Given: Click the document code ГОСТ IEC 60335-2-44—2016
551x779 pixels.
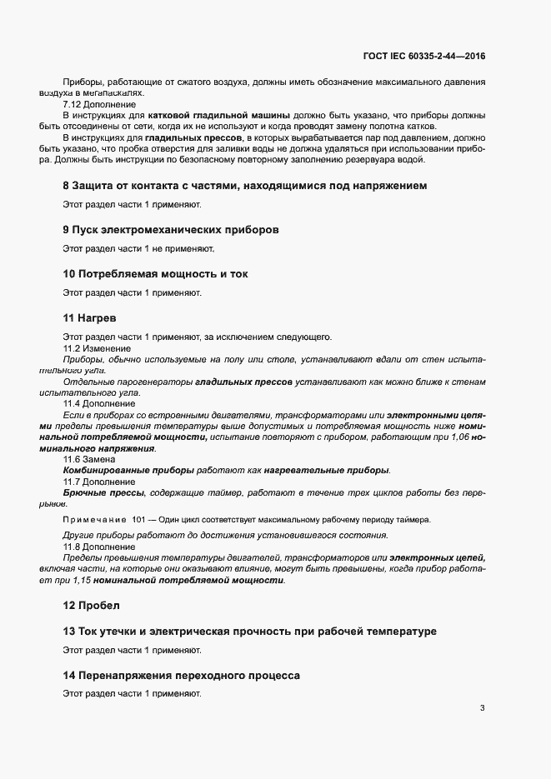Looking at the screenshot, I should (x=423, y=57).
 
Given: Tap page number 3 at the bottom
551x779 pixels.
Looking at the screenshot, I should (x=482, y=709).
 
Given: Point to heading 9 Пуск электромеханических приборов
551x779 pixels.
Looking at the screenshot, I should (x=170, y=229).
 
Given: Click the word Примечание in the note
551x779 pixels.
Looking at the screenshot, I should (x=94, y=520).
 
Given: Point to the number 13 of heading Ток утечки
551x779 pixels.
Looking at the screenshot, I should (x=69, y=632).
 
